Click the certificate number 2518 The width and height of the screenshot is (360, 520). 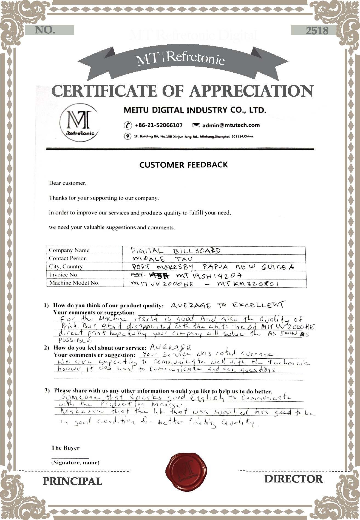(x=317, y=30)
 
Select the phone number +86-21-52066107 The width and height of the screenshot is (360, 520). (x=158, y=125)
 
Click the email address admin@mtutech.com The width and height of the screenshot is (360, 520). (x=231, y=125)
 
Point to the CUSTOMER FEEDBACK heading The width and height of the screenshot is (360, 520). (x=183, y=165)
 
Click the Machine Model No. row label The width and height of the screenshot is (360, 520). (x=74, y=283)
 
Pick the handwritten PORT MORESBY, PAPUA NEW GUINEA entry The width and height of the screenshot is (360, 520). (x=213, y=267)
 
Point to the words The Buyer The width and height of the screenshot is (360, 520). (x=66, y=448)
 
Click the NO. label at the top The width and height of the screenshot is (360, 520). (x=45, y=30)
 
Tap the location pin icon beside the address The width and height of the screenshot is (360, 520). (x=127, y=136)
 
